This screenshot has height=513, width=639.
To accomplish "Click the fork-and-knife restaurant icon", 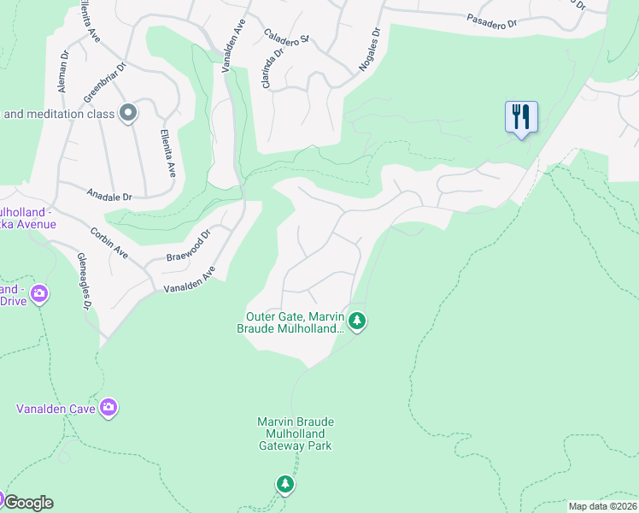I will (521, 116).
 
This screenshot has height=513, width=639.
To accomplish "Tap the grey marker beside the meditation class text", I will (128, 113).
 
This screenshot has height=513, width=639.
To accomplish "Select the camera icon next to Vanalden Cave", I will (108, 407).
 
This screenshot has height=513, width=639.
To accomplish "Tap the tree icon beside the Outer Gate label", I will (357, 321).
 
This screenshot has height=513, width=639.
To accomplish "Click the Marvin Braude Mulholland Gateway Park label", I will (296, 433).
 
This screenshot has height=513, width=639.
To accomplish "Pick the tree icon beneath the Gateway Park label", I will (285, 484).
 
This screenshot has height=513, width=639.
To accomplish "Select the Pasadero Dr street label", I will (493, 20).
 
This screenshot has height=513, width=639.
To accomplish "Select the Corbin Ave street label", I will (110, 242).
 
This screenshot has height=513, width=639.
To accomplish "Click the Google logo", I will (27, 503).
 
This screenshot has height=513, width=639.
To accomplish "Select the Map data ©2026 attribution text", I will (601, 506).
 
